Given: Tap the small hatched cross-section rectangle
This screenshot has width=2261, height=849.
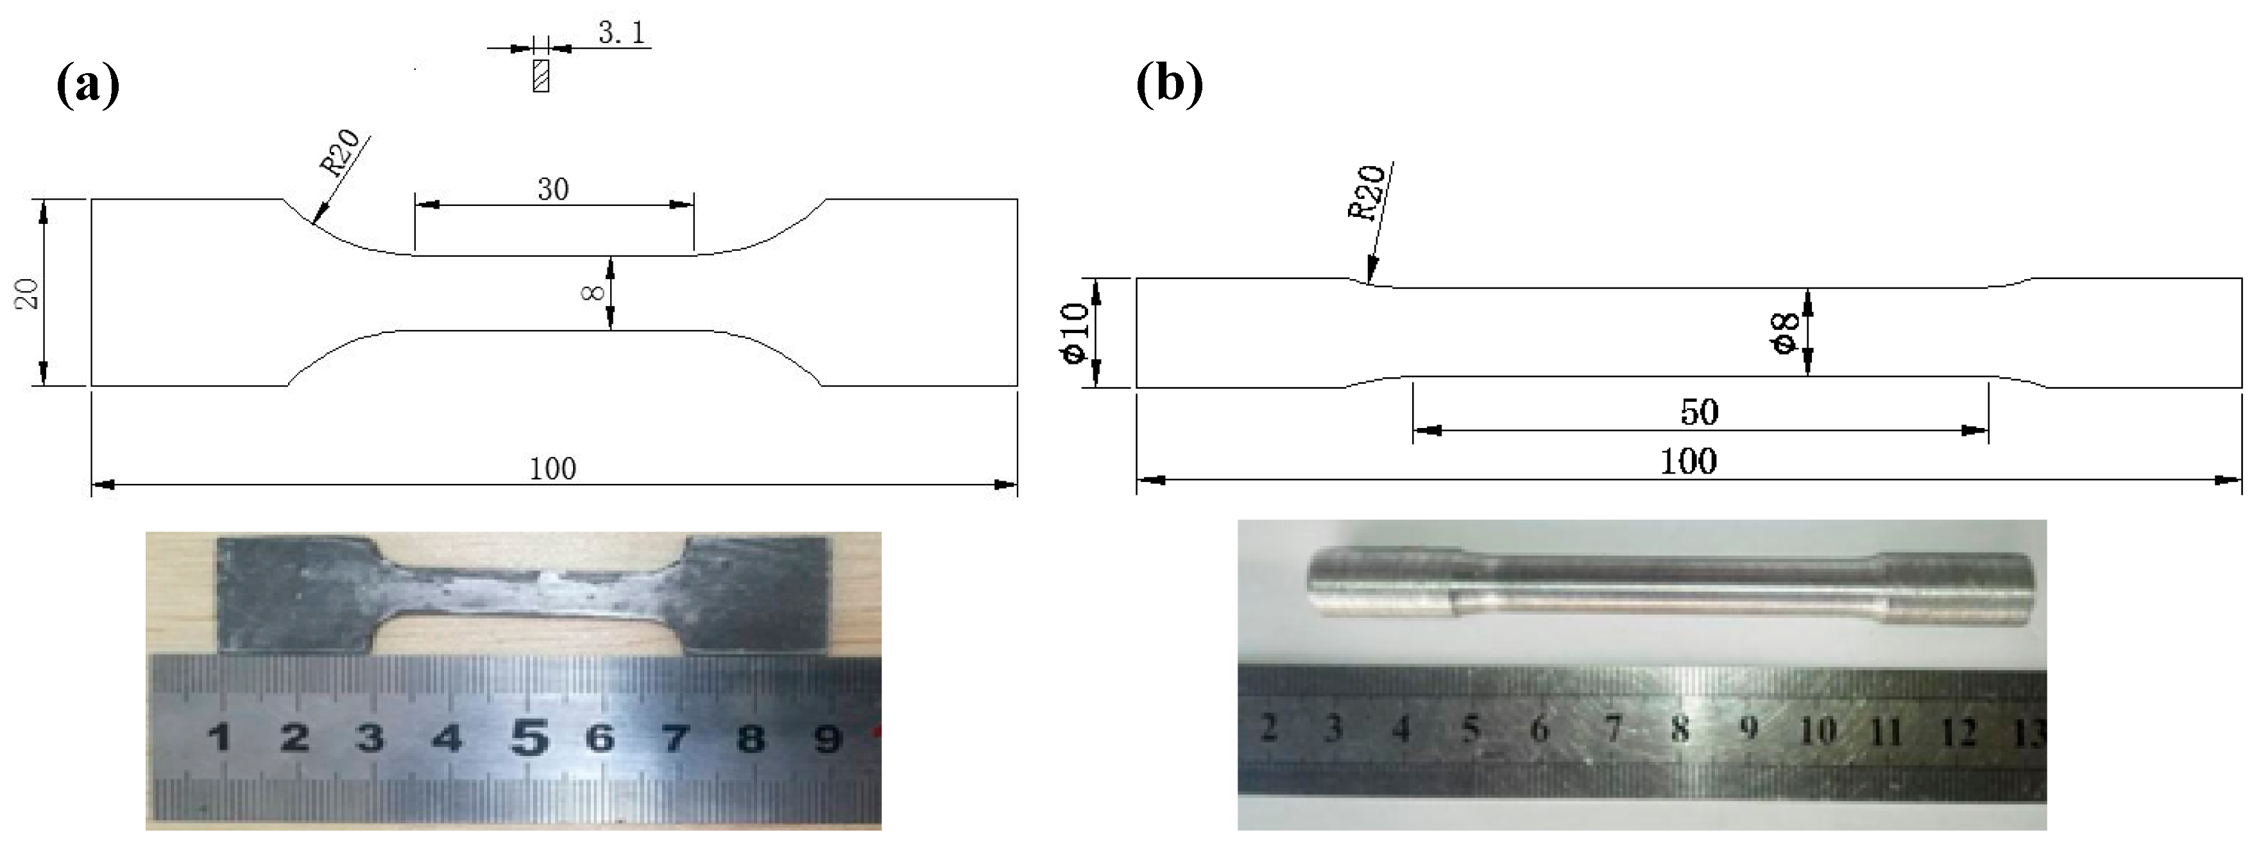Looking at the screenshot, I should [541, 76].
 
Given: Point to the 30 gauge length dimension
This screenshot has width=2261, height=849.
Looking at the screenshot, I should [553, 189].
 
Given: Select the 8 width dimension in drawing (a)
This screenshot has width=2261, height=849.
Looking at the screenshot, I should [593, 293].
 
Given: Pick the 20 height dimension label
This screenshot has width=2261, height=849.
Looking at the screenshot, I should [28, 293].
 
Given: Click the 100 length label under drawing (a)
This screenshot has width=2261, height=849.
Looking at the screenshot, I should [553, 469].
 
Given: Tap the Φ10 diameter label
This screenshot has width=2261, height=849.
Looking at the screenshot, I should [1076, 332].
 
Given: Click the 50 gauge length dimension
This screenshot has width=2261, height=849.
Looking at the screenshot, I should [1699, 412].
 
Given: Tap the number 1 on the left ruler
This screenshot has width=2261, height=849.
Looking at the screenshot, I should [219, 739].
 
